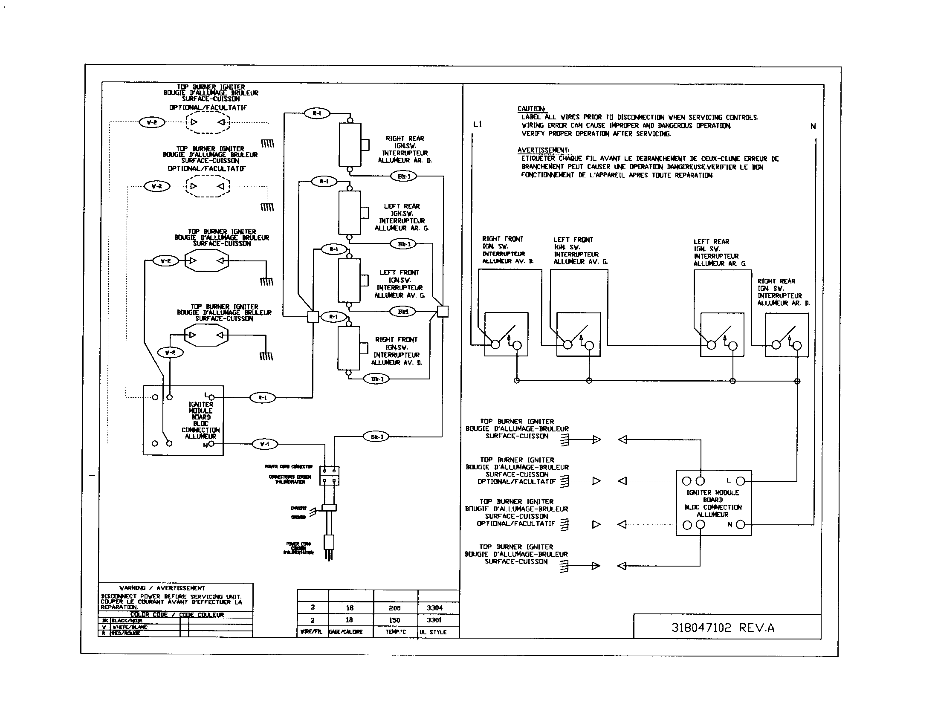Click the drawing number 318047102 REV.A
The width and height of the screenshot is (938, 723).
click(x=722, y=628)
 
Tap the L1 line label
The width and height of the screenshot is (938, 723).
click(x=478, y=124)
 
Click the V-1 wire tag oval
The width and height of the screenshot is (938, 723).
click(x=265, y=444)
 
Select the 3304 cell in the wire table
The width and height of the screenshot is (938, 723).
click(x=434, y=608)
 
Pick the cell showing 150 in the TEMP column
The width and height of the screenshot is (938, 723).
click(x=394, y=620)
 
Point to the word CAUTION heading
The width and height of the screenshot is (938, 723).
click(x=531, y=109)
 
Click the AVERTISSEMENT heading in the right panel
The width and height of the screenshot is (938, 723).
click(x=543, y=150)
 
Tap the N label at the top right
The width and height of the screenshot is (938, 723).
click(x=813, y=127)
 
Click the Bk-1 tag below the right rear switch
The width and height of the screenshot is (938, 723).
click(x=404, y=176)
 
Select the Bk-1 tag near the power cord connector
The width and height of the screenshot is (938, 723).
click(x=376, y=437)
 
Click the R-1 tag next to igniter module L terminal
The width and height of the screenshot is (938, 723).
click(x=262, y=398)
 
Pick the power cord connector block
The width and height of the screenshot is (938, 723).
click(x=330, y=476)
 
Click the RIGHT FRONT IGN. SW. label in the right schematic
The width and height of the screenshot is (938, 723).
click(x=503, y=243)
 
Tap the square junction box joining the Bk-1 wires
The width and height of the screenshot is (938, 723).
click(x=443, y=311)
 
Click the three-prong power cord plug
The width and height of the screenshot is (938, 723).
click(x=329, y=545)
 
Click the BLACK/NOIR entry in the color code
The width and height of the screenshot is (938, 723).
click(x=127, y=621)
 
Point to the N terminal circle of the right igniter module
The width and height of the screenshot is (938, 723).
click(x=741, y=524)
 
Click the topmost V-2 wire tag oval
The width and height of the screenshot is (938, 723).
click(x=152, y=122)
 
